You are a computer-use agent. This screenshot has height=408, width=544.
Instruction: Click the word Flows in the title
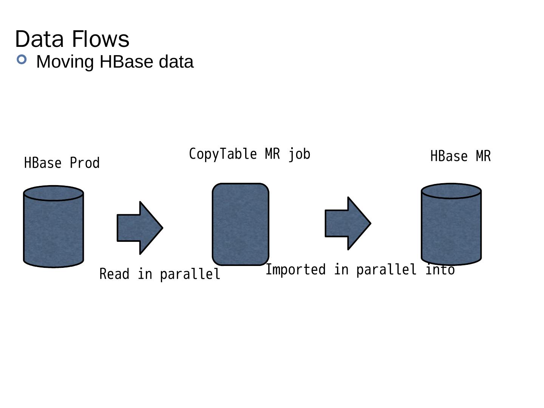(x=100, y=39)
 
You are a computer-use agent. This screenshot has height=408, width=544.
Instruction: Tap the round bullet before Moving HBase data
(x=22, y=59)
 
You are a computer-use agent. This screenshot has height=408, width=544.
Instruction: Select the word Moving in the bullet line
(x=65, y=62)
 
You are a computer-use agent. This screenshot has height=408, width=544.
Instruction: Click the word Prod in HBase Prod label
(x=85, y=163)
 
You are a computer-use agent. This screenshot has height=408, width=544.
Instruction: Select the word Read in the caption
(x=114, y=274)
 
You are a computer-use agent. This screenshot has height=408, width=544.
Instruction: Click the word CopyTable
(x=223, y=154)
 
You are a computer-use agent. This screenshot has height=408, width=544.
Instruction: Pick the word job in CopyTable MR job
(x=299, y=154)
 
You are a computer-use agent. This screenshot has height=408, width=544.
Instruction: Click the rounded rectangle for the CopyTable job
(x=241, y=224)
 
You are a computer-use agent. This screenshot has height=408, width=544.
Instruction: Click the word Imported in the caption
(x=295, y=270)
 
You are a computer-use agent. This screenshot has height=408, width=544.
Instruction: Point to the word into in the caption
(x=440, y=270)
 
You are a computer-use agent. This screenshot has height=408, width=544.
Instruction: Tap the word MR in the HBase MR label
(x=483, y=156)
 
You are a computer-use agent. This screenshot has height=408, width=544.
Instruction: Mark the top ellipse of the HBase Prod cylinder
(x=53, y=193)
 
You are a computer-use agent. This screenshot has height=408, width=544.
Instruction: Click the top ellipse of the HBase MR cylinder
(x=451, y=191)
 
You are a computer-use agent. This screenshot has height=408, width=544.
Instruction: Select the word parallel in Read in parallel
(x=190, y=274)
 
